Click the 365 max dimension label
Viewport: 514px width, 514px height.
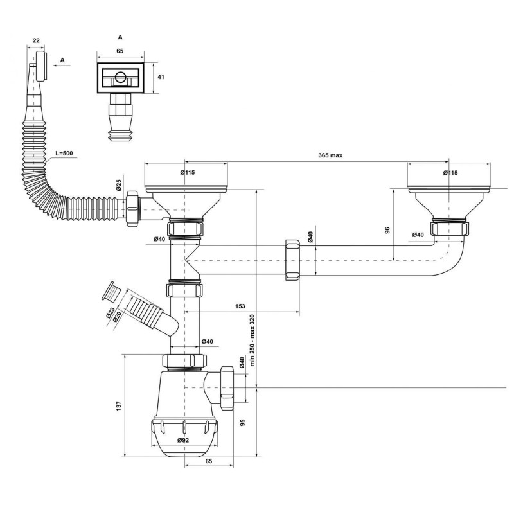point(330,155)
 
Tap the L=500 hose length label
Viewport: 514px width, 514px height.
point(64,153)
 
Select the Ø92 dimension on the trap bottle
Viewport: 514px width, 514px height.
point(183,440)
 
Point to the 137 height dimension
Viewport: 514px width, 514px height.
point(119,406)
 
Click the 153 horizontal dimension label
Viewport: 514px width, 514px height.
point(240,306)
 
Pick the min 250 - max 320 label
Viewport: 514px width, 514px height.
point(252,341)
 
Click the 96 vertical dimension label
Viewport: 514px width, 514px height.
point(387,230)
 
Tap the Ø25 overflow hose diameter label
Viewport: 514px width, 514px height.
point(118,186)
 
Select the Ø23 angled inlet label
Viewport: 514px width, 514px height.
point(110,313)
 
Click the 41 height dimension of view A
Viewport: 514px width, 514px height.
point(161,77)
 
